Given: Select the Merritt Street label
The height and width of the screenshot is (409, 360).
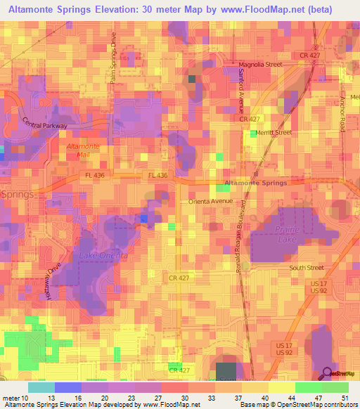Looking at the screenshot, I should [274, 132].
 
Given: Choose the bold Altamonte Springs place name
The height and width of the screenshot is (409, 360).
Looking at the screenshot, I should [256, 183].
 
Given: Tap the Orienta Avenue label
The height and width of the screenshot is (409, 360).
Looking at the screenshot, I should [210, 201].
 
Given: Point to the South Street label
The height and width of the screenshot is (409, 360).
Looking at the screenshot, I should [307, 268].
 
